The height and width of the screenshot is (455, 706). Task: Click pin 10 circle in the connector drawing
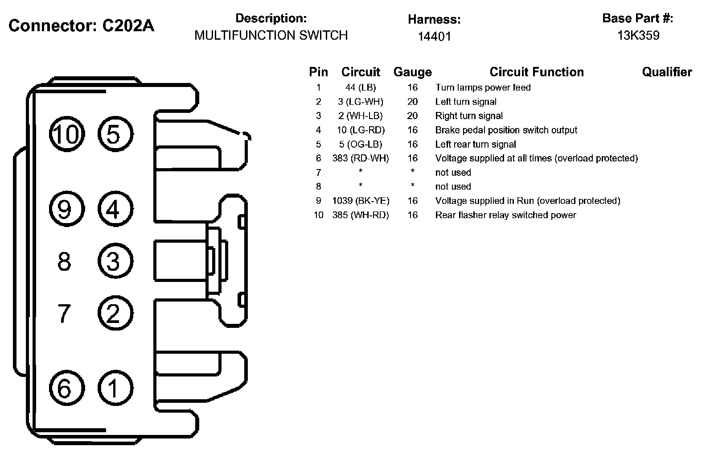[66, 134]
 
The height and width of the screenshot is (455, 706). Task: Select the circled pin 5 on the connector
[115, 134]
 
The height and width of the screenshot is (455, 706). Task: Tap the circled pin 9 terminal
[66, 209]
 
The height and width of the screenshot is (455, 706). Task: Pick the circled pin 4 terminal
[115, 209]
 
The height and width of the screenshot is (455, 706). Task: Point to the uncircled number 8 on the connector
[64, 261]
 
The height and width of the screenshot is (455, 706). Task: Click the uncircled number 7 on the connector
[64, 313]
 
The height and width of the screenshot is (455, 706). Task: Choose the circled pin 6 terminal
[66, 388]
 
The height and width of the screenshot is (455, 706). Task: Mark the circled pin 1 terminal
[115, 388]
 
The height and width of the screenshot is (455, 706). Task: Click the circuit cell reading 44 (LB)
[361, 87]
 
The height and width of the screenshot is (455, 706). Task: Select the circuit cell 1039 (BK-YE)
[361, 201]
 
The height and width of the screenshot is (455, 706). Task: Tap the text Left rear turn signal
[476, 144]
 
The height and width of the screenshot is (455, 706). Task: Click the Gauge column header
[412, 72]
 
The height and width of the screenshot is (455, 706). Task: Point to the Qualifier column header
[667, 72]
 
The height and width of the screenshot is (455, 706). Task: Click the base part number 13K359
[638, 36]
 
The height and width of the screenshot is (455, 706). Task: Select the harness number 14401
[434, 36]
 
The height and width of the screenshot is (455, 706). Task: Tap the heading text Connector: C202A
[82, 26]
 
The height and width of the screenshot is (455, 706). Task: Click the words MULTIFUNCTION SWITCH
[271, 35]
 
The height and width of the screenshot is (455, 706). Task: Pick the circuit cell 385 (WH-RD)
[361, 215]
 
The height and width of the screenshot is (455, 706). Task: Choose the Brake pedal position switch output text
[506, 130]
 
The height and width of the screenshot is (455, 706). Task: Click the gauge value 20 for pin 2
[412, 102]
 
